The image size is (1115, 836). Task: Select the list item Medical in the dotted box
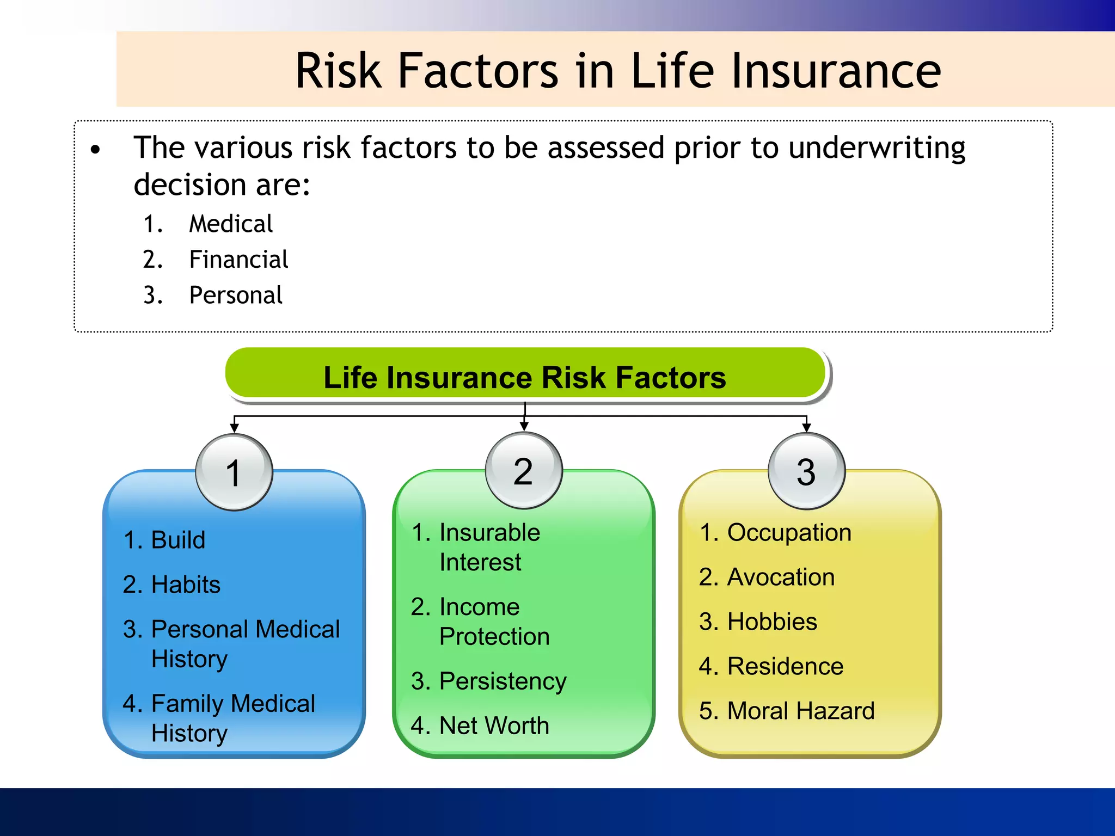pos(230,224)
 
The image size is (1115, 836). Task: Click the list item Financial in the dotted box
pos(238,260)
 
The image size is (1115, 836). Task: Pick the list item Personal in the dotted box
pos(235,296)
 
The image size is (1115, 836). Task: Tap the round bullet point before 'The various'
pos(96,150)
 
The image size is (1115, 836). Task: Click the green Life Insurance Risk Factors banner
pos(524,377)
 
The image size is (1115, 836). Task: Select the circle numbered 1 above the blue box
pos(234,472)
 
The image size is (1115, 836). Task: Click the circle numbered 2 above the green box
pos(523,471)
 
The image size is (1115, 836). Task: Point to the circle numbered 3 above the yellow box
pos(806,471)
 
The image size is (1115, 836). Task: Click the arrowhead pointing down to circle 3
pos(806,428)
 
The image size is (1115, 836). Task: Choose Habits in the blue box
pos(185,585)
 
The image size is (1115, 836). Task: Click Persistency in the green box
pos(502,681)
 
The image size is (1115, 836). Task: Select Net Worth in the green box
pos(493,726)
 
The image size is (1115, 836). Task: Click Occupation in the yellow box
pos(789,532)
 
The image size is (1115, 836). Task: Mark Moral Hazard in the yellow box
pos(800,711)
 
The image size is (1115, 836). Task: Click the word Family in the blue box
pos(186,703)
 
